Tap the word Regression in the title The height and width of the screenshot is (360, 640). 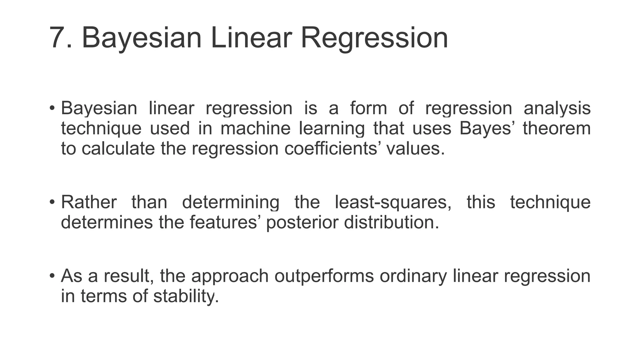[x=374, y=38]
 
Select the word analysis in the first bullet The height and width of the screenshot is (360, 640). [x=557, y=108]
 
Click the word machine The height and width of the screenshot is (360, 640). [x=255, y=128]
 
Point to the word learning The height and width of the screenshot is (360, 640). [x=332, y=129]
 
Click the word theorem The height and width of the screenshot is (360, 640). [x=557, y=128]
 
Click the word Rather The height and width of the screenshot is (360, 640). [x=89, y=202]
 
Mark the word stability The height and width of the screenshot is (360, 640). [x=186, y=297]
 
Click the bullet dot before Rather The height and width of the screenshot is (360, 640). [x=52, y=202]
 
